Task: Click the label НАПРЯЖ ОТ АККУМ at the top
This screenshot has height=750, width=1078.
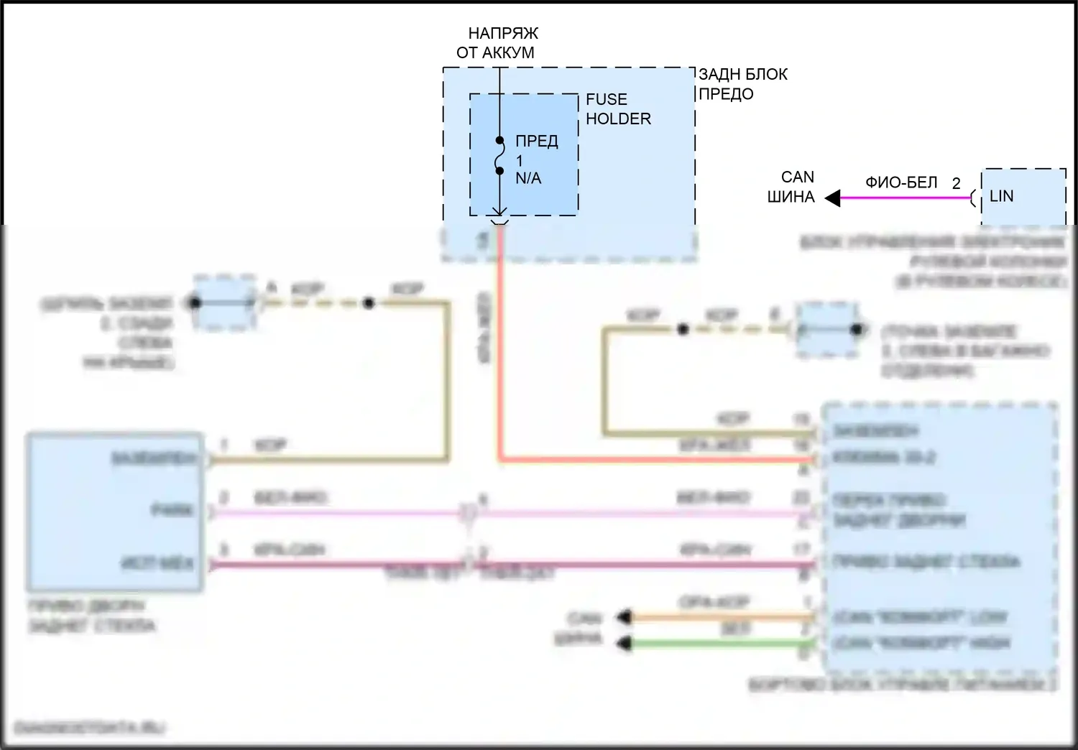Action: point(497,43)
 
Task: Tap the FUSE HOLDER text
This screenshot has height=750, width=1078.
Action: point(617,109)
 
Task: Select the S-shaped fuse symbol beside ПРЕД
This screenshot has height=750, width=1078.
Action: point(499,156)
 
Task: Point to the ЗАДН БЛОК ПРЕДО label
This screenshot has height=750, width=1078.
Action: point(742,84)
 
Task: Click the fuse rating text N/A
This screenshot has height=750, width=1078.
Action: point(528,178)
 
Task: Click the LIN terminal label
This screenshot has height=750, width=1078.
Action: point(1001,196)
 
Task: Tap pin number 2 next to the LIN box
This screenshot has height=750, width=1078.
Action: point(956,184)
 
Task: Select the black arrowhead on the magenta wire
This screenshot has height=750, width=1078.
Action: point(833,198)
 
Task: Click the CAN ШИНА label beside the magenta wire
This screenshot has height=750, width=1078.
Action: point(792,187)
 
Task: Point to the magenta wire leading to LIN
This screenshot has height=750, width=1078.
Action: point(906,198)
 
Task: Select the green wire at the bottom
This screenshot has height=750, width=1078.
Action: point(719,643)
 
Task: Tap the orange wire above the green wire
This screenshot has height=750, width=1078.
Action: point(719,616)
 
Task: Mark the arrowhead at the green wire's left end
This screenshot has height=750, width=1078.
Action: point(625,643)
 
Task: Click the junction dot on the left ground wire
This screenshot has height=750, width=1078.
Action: point(368,303)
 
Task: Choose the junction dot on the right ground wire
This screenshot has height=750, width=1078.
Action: point(683,330)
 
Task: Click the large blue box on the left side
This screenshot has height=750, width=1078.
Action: point(115,511)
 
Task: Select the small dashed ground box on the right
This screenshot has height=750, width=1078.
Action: point(827,330)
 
